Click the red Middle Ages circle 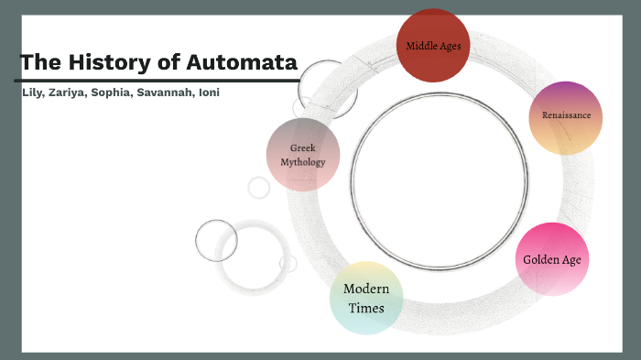pyautogui.click(x=433, y=46)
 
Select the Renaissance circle pyautogui.click(x=565, y=117)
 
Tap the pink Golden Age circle pyautogui.click(x=551, y=259)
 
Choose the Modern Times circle pyautogui.click(x=366, y=298)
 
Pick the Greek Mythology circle pyautogui.click(x=303, y=155)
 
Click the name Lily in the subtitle pyautogui.click(x=33, y=93)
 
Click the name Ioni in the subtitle pyautogui.click(x=211, y=93)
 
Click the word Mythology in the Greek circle pyautogui.click(x=303, y=162)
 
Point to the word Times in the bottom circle pyautogui.click(x=366, y=308)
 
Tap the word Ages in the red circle pyautogui.click(x=451, y=45)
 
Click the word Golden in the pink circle pyautogui.click(x=540, y=259)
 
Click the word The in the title pyautogui.click(x=40, y=63)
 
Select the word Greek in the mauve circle pyautogui.click(x=303, y=147)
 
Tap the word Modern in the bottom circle pyautogui.click(x=366, y=289)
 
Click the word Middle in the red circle pyautogui.click(x=422, y=45)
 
